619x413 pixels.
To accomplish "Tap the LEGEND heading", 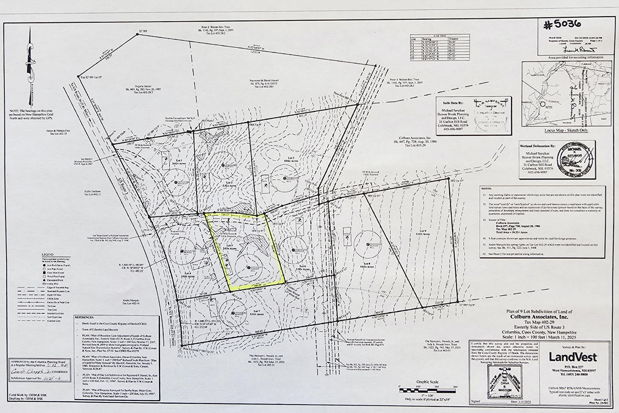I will pos(48,254).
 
